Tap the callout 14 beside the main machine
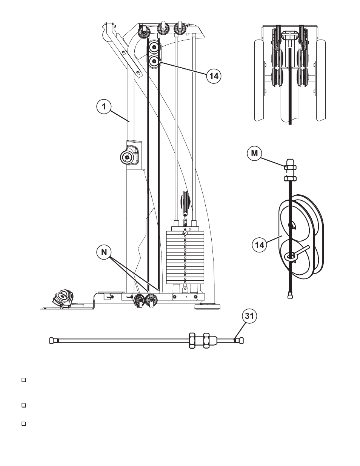[x=214, y=75]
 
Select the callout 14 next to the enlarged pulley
[x=259, y=245]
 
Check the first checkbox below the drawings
[x=23, y=380]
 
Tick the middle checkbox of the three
[x=23, y=406]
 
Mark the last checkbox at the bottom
[x=23, y=424]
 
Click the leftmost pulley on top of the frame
[x=144, y=32]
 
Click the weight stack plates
[x=185, y=257]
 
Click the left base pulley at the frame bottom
[x=139, y=300]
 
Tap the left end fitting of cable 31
[x=52, y=340]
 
